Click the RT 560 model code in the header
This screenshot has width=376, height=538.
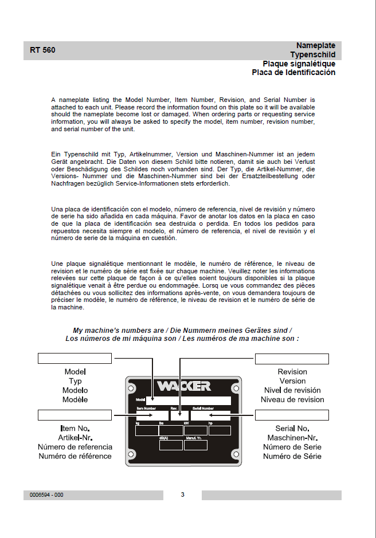pos(43,50)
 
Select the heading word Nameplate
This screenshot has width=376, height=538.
pos(316,45)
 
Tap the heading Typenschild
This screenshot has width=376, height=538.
pos(312,54)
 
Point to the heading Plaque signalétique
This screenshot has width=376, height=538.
pos(299,64)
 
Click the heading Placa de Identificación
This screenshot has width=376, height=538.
pos(293,73)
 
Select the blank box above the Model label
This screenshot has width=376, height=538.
pos(75,359)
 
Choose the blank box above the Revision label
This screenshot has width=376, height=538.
pos(292,359)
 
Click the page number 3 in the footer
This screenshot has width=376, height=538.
pos(182,494)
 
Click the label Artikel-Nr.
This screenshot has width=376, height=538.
pos(75,438)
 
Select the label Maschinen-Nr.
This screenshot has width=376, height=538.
pos(292,438)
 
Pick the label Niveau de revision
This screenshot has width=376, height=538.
pos(292,400)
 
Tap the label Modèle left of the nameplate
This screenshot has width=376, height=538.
pos(75,400)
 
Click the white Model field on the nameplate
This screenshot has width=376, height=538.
pos(189,400)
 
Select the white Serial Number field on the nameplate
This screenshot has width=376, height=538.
pos(210,416)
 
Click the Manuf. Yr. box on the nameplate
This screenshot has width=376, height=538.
pos(195,445)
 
